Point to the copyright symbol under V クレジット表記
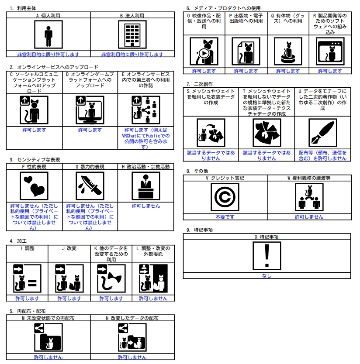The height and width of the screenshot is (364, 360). [225, 197]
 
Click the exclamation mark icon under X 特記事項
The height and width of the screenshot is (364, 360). [267, 256]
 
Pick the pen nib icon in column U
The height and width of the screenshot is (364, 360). [322, 133]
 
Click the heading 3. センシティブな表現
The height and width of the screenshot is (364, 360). [35, 160]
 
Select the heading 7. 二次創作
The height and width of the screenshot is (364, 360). [201, 84]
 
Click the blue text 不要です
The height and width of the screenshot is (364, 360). [225, 216]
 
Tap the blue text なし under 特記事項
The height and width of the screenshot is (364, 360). [267, 276]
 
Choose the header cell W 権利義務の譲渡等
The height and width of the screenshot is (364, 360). [309, 178]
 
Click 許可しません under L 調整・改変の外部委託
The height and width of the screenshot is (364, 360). [153, 299]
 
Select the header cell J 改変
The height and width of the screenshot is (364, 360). [69, 248]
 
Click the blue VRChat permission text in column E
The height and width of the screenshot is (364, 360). [145, 138]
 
